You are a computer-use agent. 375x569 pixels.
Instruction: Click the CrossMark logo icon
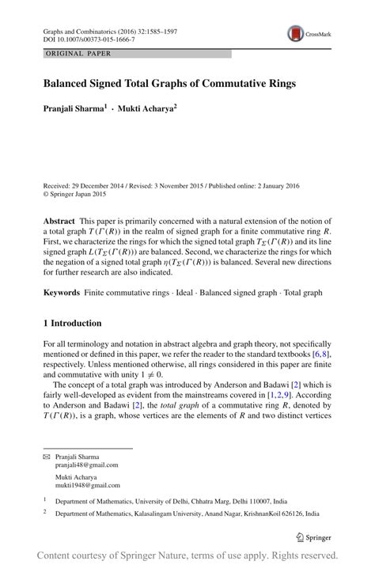(x=297, y=34)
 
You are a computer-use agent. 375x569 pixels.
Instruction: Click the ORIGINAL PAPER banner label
(x=79, y=54)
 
